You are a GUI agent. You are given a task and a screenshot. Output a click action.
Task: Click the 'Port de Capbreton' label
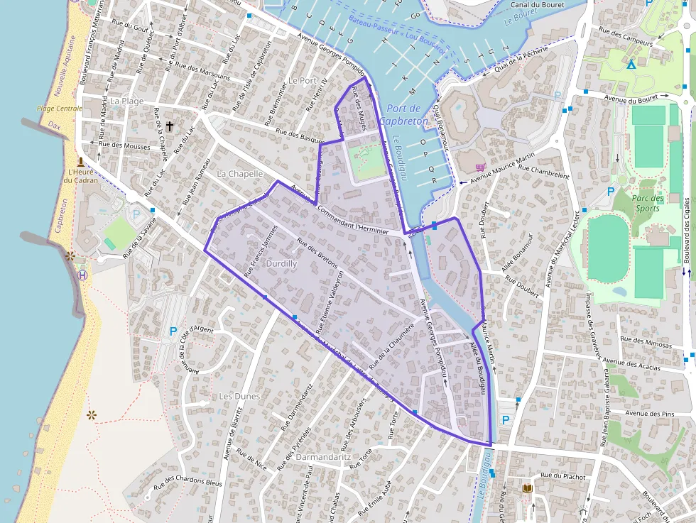403,114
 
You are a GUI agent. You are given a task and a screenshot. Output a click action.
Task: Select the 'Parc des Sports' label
648,203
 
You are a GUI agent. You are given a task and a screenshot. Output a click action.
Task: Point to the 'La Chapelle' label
239,173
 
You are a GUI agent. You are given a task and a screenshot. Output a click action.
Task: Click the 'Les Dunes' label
239,395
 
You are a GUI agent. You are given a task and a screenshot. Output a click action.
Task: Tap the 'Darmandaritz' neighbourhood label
323,457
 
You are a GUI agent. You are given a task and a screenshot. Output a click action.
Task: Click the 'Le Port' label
303,81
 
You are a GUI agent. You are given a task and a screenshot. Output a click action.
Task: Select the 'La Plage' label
126,101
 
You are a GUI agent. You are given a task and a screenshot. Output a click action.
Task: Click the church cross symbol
169,126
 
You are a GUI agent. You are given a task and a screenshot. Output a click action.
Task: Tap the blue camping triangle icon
631,65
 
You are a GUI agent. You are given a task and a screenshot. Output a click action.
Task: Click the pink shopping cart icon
481,167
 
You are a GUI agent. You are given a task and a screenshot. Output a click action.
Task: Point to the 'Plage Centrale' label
60,109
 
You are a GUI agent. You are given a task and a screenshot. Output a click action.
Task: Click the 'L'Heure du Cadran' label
80,175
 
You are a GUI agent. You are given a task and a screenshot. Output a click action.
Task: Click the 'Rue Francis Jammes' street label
260,249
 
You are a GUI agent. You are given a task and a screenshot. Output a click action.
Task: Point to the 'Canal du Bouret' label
537,4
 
